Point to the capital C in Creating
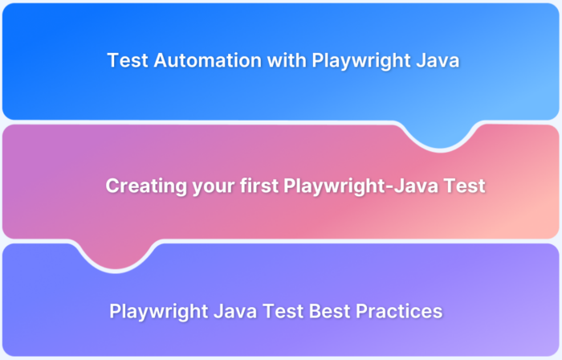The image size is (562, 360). [x=112, y=186]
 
